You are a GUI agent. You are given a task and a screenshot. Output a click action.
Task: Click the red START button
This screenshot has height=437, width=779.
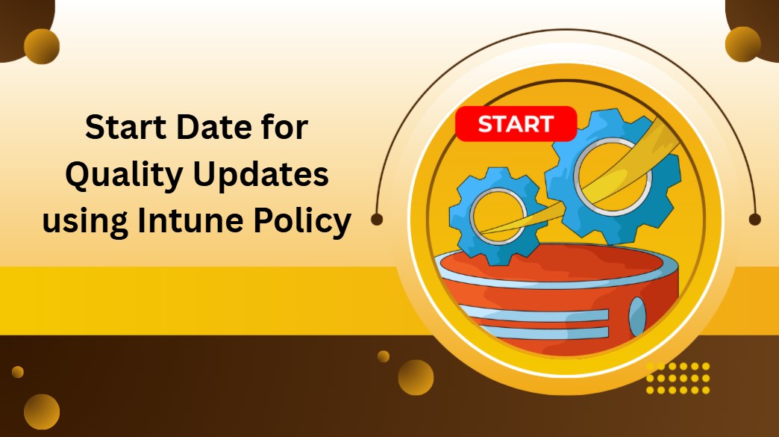(516, 124)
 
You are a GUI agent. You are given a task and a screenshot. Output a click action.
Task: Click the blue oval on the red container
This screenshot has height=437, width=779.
(636, 316)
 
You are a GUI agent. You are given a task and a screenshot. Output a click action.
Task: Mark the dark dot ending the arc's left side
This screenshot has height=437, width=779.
(377, 220)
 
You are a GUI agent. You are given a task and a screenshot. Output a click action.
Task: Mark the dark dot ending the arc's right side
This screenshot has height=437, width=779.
(754, 220)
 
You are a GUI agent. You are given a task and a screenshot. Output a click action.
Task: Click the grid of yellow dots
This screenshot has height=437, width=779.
(678, 378)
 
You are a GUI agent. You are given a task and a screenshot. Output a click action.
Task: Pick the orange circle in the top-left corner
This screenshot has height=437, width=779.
(42, 46)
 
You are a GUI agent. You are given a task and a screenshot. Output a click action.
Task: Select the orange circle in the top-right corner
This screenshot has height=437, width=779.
(742, 44)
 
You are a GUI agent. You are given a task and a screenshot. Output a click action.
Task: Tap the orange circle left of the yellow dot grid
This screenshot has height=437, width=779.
(416, 377)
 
